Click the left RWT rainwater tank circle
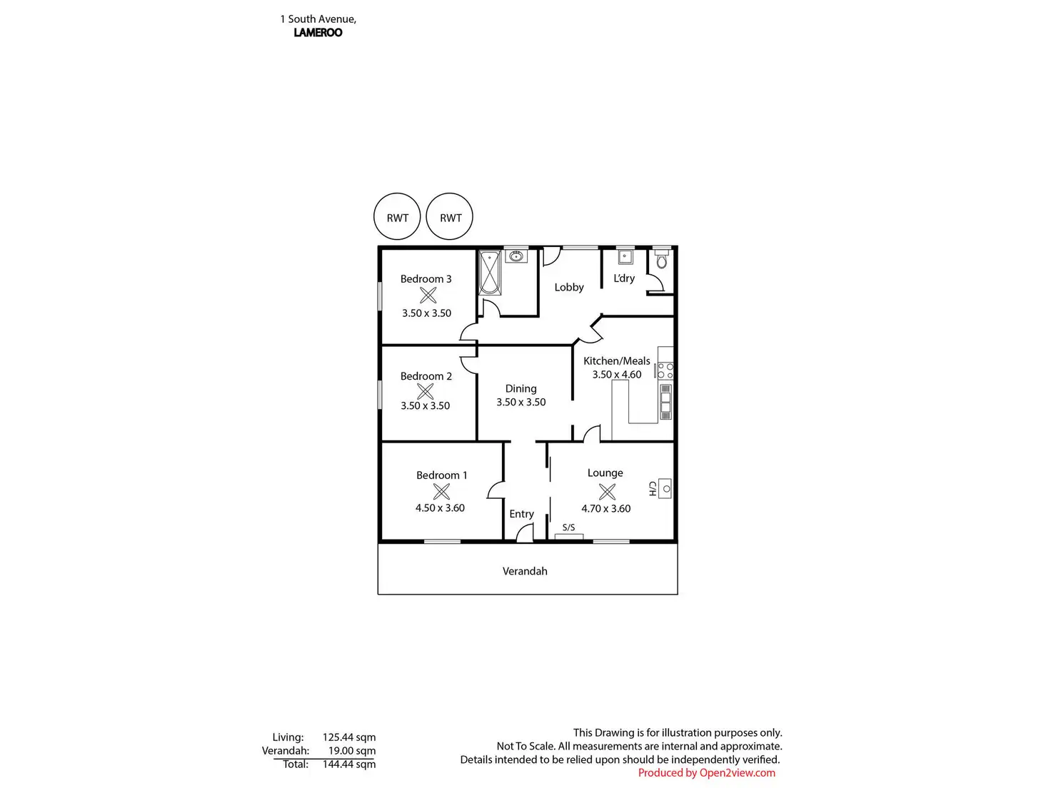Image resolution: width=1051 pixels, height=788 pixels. point(397,217)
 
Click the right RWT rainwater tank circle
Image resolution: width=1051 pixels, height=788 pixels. point(450,217)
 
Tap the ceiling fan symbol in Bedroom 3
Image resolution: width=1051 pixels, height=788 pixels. point(428,295)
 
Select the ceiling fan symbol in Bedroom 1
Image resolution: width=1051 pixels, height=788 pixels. point(441,491)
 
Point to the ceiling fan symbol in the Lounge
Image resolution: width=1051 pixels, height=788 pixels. point(607,491)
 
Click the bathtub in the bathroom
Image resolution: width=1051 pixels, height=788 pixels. point(490,272)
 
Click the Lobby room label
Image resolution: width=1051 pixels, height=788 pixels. point(569,287)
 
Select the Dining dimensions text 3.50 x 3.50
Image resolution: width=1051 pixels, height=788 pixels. point(521,402)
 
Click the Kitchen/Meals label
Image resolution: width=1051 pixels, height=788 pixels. point(616,360)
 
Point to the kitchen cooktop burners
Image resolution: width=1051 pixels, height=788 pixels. point(665,370)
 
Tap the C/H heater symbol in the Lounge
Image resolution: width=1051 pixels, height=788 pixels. point(665,489)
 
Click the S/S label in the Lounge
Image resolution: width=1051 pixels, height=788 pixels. point(568,527)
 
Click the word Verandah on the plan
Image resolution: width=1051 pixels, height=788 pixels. point(525,571)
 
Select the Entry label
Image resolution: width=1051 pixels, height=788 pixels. point(521,514)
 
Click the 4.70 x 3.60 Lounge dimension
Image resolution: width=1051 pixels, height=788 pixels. point(605,508)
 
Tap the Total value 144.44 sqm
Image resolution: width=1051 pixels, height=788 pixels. point(348,764)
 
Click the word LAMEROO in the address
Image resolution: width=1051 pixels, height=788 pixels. point(318,32)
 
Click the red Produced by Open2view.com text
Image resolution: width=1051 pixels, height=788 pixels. point(706,772)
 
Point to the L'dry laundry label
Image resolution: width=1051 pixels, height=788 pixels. point(624,278)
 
